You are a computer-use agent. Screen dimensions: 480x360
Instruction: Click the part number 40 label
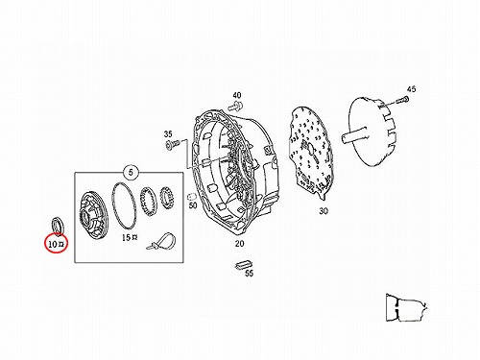[x=237, y=95]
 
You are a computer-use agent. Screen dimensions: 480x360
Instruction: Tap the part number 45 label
[x=411, y=89]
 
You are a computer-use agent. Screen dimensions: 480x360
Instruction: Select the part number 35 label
[x=168, y=134]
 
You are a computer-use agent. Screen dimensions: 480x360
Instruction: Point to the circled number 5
[x=131, y=173]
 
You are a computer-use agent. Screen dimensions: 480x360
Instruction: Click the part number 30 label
[x=324, y=211]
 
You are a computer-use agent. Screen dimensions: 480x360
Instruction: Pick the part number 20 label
[x=239, y=244]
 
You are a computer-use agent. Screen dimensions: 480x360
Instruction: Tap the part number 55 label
[x=249, y=273]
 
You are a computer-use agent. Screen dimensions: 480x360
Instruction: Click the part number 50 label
[x=193, y=205]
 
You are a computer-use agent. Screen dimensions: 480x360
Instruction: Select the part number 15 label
[x=126, y=237]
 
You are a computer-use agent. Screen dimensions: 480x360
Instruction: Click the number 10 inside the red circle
[x=53, y=245]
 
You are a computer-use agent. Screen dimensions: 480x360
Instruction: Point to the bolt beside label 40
[x=235, y=106]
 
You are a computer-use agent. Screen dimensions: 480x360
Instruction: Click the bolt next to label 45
[x=402, y=101]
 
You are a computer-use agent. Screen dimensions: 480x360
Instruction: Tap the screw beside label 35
[x=171, y=145]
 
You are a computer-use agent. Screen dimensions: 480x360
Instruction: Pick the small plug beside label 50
[x=191, y=196]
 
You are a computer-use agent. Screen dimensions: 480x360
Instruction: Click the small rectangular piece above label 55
[x=243, y=264]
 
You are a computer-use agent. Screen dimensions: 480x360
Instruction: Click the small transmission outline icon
[x=406, y=307]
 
